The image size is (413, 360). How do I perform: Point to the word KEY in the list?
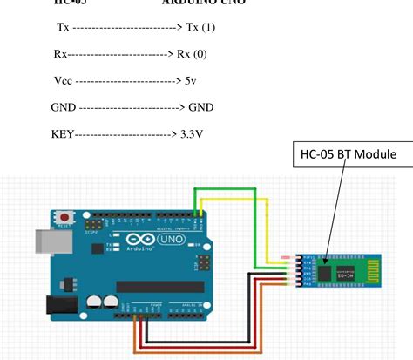coord(63,136)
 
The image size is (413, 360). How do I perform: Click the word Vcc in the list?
coord(63,81)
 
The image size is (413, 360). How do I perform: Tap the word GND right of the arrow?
coord(201,108)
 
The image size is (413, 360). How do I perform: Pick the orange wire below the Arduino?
coord(200,352)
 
